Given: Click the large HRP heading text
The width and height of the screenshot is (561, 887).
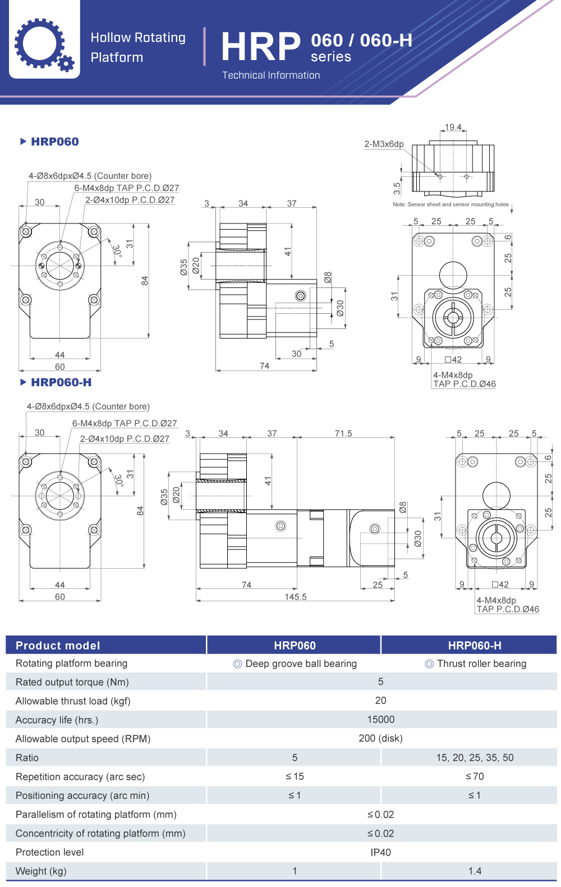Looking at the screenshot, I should coord(261,47).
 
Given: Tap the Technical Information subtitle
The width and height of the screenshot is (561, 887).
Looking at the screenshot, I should coord(271,75).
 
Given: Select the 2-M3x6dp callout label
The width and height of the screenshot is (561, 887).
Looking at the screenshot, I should coord(384,144).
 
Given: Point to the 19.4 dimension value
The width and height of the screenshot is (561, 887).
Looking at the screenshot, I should coord(453,127).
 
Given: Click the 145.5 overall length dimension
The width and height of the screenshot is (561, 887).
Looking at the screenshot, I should coord(296,597).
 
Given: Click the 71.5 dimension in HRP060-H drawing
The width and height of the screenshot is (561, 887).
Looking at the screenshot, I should coord(343,433).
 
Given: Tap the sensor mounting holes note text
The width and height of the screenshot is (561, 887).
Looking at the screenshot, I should coord(450,204).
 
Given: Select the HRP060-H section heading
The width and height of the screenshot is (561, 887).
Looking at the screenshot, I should coord(61,382).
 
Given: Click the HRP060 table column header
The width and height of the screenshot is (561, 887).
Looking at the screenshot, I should coord(295,646).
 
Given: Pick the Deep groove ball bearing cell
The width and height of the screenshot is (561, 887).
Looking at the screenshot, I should coord(295,664).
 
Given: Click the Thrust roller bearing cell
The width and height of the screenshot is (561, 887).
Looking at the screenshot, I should coord(476,664).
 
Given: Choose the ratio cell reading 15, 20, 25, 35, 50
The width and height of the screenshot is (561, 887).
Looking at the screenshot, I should coord(475,758).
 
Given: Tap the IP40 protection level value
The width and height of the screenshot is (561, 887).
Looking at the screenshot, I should coord(380,852).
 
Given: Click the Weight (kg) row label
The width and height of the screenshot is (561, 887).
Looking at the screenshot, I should coord(41,871).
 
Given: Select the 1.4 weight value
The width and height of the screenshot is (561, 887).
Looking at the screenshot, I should coord(475,871).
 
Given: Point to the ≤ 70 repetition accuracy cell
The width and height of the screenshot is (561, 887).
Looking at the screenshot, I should coord(475,776).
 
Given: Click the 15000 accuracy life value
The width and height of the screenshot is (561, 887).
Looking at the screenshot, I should coord(380,720).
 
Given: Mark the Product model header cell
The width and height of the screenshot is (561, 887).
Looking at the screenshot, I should coord(58,646).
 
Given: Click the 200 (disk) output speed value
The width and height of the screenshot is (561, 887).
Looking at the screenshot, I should coord(380,738).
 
